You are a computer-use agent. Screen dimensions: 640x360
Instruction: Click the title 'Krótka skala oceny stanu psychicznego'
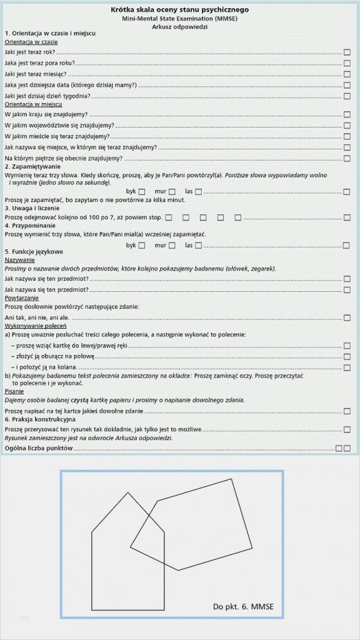click(x=179, y=10)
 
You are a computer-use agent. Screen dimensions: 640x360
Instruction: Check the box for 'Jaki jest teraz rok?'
click(x=347, y=52)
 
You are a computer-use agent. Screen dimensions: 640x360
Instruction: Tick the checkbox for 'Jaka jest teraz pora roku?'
click(x=347, y=63)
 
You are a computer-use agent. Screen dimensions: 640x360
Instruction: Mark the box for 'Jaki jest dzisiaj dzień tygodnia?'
click(x=347, y=96)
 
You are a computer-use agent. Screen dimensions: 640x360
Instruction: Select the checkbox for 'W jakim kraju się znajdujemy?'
click(x=347, y=115)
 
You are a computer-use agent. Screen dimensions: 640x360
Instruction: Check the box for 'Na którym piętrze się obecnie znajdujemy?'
click(x=347, y=158)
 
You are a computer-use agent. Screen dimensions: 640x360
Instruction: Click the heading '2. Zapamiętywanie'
click(x=32, y=167)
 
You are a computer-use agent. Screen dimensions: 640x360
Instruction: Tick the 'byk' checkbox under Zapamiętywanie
click(x=142, y=191)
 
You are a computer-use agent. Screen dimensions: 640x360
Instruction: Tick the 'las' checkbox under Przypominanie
click(x=198, y=246)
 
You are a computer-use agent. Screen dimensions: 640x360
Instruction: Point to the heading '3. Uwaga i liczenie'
click(x=32, y=207)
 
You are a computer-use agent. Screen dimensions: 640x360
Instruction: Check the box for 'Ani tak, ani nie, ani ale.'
click(x=347, y=318)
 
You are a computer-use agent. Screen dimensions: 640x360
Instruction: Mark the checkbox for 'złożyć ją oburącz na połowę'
click(x=347, y=356)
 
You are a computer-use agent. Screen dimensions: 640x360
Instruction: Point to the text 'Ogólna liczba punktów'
click(x=39, y=448)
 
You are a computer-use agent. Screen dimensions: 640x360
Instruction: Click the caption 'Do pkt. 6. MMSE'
click(x=243, y=606)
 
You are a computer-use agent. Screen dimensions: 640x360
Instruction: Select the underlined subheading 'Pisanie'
click(x=15, y=391)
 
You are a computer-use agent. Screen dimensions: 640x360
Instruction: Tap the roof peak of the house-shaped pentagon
click(x=128, y=493)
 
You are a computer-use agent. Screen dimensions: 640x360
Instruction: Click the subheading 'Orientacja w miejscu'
click(x=33, y=104)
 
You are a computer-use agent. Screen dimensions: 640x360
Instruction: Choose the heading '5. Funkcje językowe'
click(x=34, y=251)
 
